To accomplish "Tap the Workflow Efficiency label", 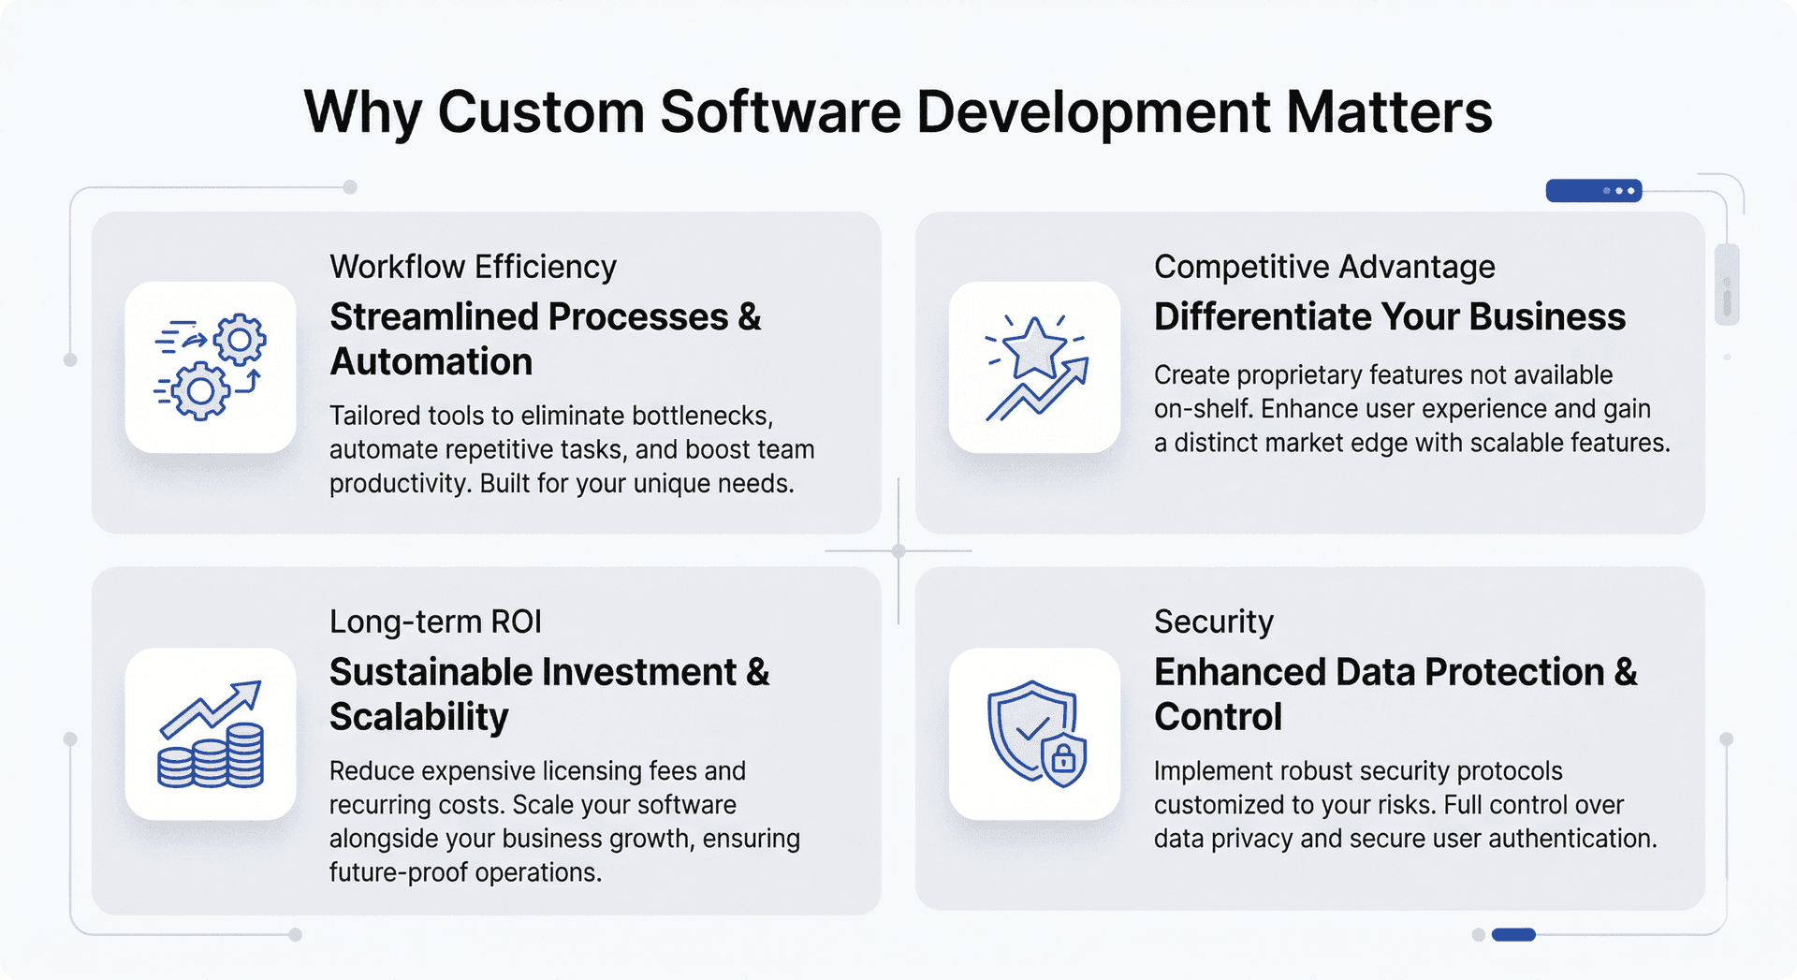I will click(473, 267).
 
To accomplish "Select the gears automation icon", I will click(211, 367).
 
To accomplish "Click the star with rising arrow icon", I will click(1035, 367).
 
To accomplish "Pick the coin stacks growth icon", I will click(211, 734).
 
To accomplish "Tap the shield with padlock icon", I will click(1035, 734).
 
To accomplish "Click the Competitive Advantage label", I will click(1324, 267).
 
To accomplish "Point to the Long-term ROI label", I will click(435, 622).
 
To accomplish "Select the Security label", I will click(1213, 622).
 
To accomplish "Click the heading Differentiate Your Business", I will click(1389, 316).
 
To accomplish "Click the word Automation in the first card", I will click(431, 361).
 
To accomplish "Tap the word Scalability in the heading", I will click(418, 717).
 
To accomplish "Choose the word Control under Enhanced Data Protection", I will click(1218, 717).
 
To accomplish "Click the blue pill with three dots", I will click(1593, 191).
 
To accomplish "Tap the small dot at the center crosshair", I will click(898, 550).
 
